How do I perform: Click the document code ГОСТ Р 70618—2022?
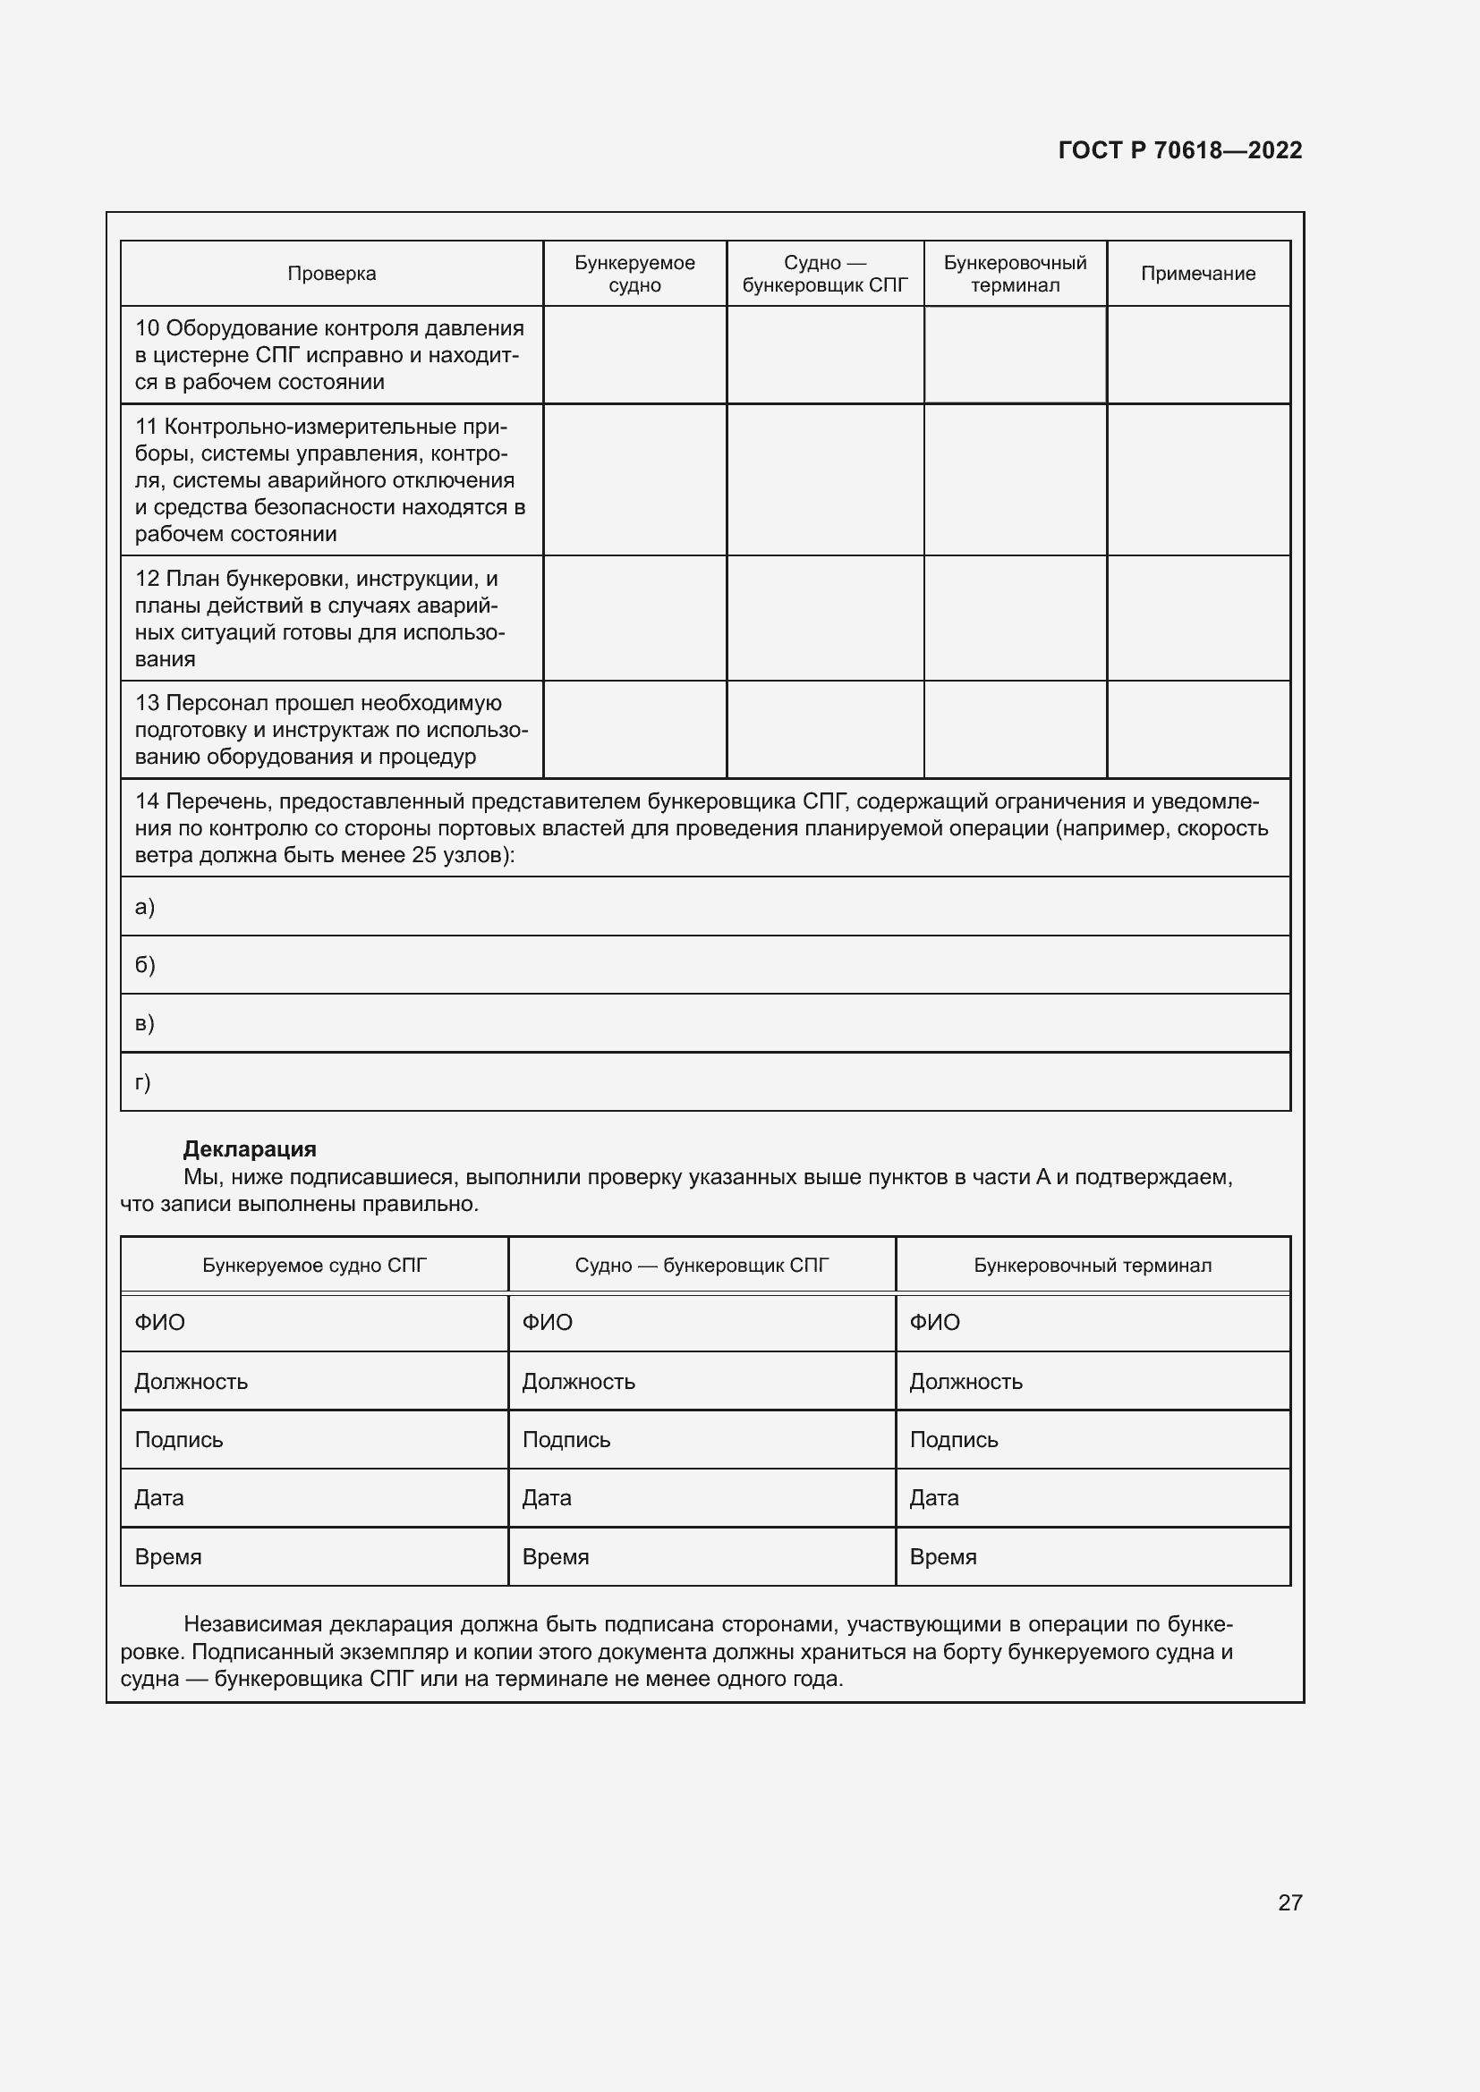click(x=1179, y=150)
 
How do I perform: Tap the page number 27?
click(x=1289, y=1902)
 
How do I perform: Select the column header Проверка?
click(x=332, y=274)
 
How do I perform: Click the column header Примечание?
click(x=1197, y=274)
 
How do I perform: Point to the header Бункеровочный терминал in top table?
click(x=1015, y=274)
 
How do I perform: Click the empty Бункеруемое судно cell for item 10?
click(x=634, y=354)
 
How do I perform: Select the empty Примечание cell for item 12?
click(x=1197, y=618)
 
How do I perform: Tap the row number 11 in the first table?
click(x=147, y=427)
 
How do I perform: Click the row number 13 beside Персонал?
click(x=147, y=702)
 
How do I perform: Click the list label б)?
click(x=145, y=964)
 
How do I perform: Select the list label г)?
click(x=143, y=1081)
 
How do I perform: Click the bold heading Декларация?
click(x=250, y=1149)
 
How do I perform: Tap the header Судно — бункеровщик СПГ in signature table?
click(x=702, y=1265)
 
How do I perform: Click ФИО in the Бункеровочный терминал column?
click(x=934, y=1322)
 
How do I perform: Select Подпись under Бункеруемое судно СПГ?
click(x=179, y=1440)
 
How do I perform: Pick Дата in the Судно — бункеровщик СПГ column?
click(x=546, y=1498)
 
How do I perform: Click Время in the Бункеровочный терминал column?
click(x=942, y=1556)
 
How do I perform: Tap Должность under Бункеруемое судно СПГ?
click(x=191, y=1381)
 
